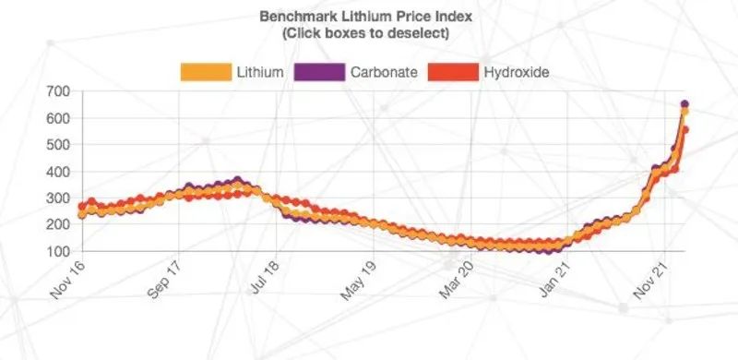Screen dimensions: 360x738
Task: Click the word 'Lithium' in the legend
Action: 260,72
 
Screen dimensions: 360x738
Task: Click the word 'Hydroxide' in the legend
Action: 517,72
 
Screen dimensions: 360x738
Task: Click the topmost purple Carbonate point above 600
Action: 684,104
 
